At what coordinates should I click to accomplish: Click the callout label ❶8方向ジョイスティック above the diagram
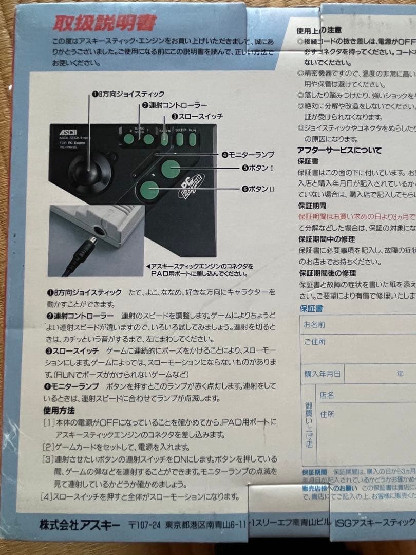128,94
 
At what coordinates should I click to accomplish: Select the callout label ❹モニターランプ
248,154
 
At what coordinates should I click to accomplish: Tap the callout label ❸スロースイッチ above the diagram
197,117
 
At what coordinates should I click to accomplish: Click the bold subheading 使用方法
59,410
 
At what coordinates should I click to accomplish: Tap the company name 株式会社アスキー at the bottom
80,525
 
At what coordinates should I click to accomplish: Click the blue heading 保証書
311,308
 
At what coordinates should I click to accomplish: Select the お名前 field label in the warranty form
314,325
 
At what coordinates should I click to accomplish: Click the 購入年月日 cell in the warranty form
322,374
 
